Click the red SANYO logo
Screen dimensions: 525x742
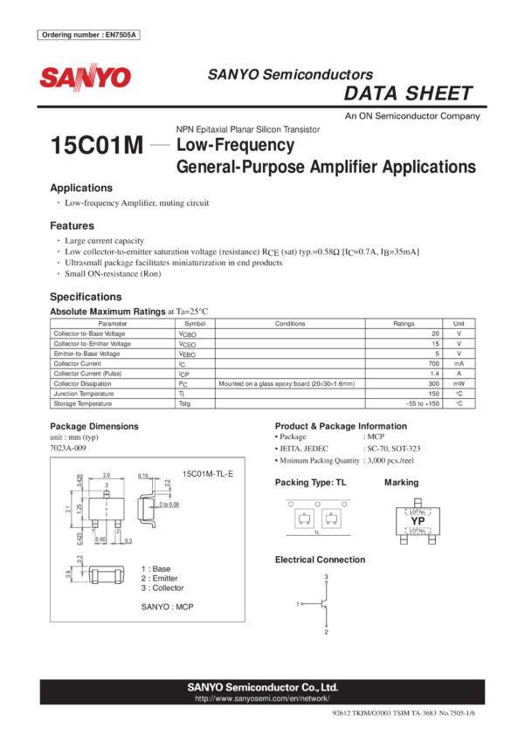pyautogui.click(x=84, y=79)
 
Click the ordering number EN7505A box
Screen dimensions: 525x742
pyautogui.click(x=89, y=35)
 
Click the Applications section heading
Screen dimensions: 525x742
pyautogui.click(x=80, y=189)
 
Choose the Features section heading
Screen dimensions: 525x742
pyautogui.click(x=72, y=225)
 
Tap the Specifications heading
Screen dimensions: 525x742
pyautogui.click(x=86, y=297)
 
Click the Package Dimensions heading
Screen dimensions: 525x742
pyautogui.click(x=93, y=426)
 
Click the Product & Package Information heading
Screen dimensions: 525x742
pyautogui.click(x=340, y=426)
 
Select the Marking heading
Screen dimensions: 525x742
pyautogui.click(x=401, y=483)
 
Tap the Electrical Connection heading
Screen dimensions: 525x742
pyautogui.click(x=320, y=560)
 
